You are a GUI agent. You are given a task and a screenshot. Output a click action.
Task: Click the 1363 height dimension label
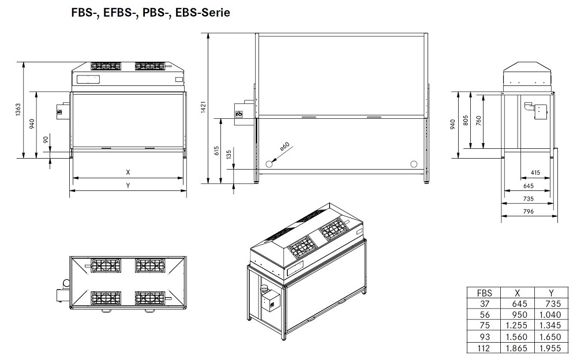pos(18,110)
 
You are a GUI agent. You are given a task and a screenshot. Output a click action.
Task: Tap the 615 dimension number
pos(216,151)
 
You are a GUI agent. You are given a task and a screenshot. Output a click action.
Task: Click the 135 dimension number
pos(228,154)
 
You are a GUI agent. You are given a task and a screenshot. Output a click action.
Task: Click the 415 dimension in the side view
pos(534,172)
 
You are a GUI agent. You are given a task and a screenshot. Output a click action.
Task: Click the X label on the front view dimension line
pos(128,172)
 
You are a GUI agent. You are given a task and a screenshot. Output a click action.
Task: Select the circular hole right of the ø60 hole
pos(413,164)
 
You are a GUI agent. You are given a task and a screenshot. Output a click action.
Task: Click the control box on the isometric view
pos(271,302)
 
